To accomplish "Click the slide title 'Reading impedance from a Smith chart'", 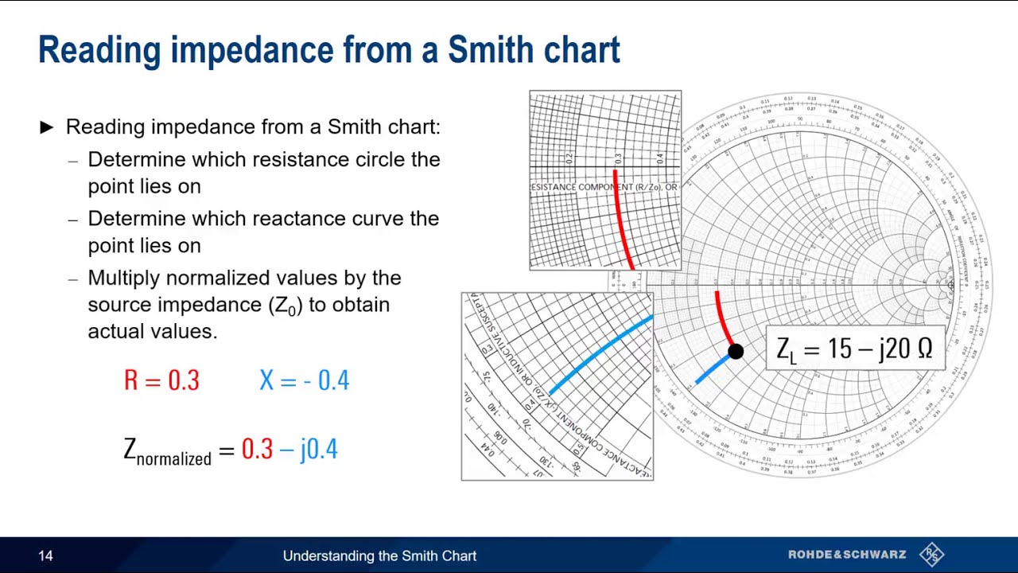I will pyautogui.click(x=328, y=49).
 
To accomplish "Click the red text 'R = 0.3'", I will pyautogui.click(x=161, y=380).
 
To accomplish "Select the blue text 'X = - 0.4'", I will pyautogui.click(x=304, y=380).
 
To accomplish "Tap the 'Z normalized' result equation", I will pyautogui.click(x=231, y=450).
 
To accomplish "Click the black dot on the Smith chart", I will pyautogui.click(x=736, y=351).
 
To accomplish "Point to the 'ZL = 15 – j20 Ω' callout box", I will pyautogui.click(x=854, y=349).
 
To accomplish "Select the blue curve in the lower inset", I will pyautogui.click(x=600, y=354).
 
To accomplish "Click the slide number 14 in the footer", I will pyautogui.click(x=45, y=555).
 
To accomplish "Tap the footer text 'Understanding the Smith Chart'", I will pyautogui.click(x=379, y=555).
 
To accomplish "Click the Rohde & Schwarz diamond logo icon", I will pyautogui.click(x=931, y=554).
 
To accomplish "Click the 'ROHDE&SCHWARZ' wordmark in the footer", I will pyautogui.click(x=847, y=555).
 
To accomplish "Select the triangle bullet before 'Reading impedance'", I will pyautogui.click(x=47, y=127).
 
